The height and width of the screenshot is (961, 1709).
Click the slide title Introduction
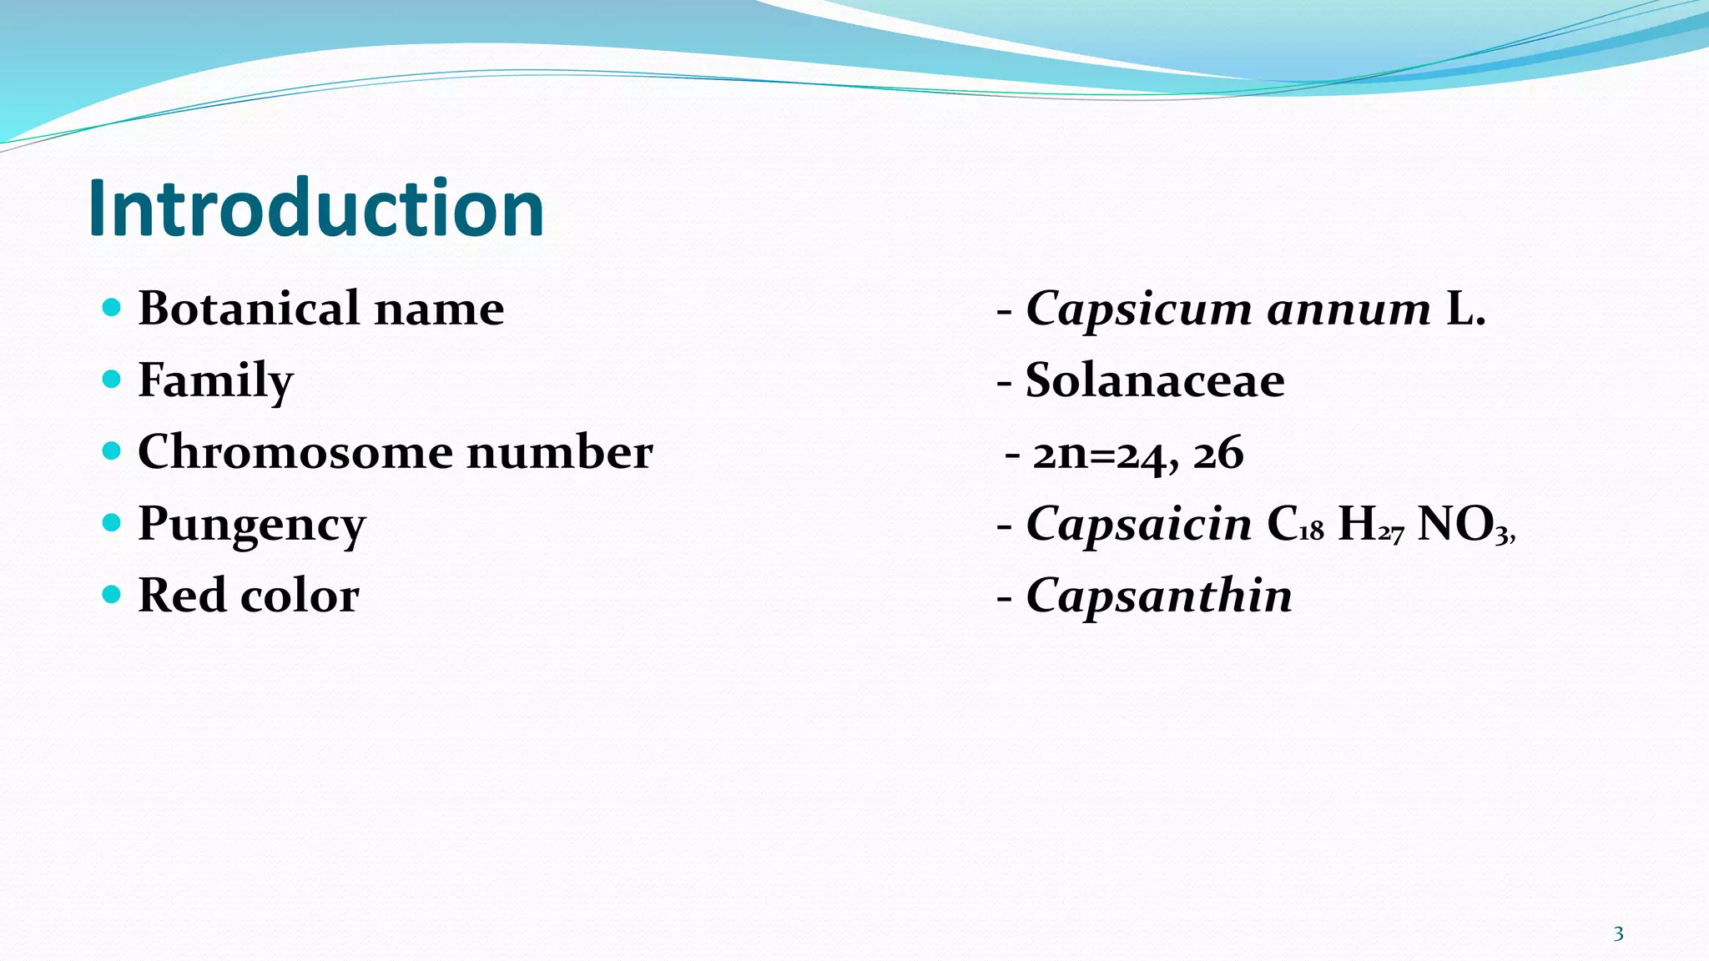click(315, 209)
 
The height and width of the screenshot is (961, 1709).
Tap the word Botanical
click(248, 308)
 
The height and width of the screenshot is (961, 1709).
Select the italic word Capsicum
click(1138, 309)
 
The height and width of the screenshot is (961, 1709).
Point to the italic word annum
click(1349, 309)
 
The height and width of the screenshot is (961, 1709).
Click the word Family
click(215, 381)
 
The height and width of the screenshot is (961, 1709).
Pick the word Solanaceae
click(1155, 380)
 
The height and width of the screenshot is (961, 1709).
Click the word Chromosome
click(294, 452)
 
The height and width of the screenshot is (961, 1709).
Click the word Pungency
click(251, 526)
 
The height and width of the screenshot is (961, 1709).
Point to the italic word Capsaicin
click(1138, 524)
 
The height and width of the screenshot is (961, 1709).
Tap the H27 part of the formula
click(1370, 526)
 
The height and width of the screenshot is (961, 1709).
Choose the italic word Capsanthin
click(1158, 596)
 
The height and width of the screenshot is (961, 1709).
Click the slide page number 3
click(1618, 934)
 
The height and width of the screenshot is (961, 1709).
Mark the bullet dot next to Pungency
click(111, 523)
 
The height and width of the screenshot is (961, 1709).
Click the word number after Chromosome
click(559, 452)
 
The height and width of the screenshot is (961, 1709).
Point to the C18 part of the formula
click(1294, 526)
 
